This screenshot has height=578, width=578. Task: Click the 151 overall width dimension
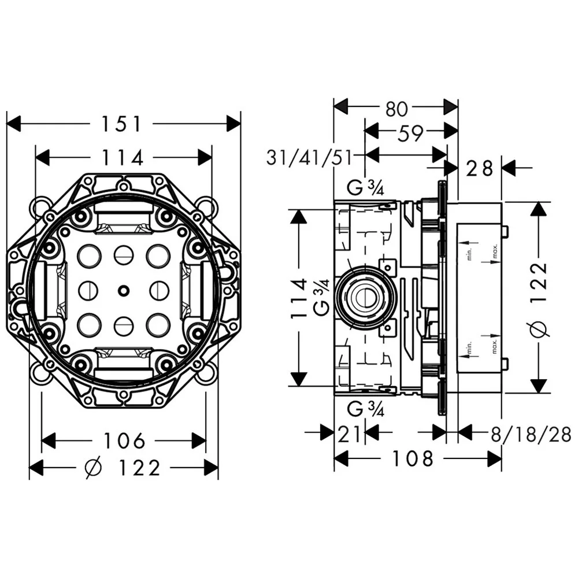point(121,123)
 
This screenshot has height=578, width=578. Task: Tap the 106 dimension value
point(124,441)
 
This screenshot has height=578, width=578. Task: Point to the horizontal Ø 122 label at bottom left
point(123,468)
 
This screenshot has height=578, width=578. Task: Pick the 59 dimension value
point(410,134)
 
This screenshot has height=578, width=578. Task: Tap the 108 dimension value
point(413,459)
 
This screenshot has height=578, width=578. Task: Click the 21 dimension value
point(350,432)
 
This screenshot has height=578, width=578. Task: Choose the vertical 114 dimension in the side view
point(298,298)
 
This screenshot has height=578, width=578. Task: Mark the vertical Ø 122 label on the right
point(538,298)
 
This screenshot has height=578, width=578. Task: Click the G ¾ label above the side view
point(366,188)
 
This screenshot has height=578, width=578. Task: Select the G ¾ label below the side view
point(366,410)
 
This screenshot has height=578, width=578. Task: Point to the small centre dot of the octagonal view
point(123,290)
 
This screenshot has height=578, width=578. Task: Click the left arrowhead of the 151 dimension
point(13,123)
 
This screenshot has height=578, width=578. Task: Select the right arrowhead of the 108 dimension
point(494,459)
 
